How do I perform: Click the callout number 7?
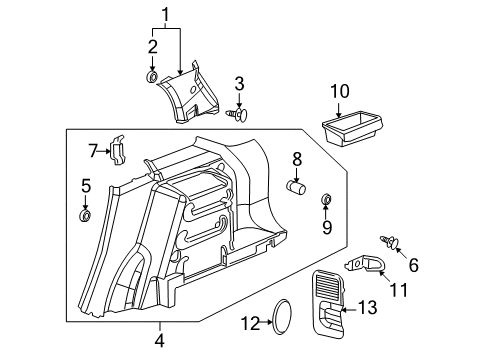92,151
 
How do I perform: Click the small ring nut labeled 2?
152,77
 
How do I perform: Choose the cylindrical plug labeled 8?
294,186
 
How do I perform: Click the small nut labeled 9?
326,203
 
